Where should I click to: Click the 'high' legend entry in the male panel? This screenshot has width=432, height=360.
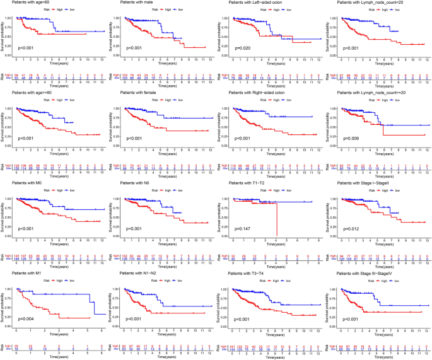[x=160, y=11]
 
